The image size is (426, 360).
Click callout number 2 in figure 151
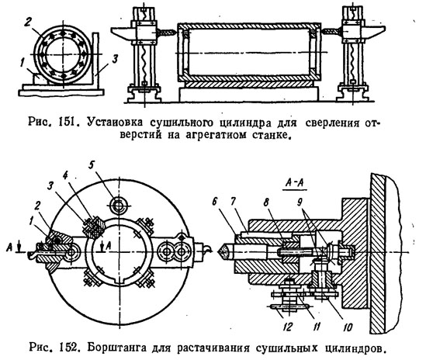tap(28, 22)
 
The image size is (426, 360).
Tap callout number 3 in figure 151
tap(115, 59)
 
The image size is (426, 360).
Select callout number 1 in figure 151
tap(23, 64)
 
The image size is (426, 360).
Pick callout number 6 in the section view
tap(215, 202)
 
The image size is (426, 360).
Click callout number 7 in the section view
tap(233, 202)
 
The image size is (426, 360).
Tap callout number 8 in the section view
tap(266, 202)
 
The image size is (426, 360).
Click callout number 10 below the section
tap(348, 327)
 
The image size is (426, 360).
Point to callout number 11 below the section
tap(316, 327)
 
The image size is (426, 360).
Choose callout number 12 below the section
tap(287, 327)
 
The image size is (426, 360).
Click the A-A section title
tap(295, 183)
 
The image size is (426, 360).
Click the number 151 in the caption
tap(66, 123)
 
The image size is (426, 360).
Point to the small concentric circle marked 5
tap(119, 206)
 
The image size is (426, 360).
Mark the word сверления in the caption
tap(333, 123)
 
